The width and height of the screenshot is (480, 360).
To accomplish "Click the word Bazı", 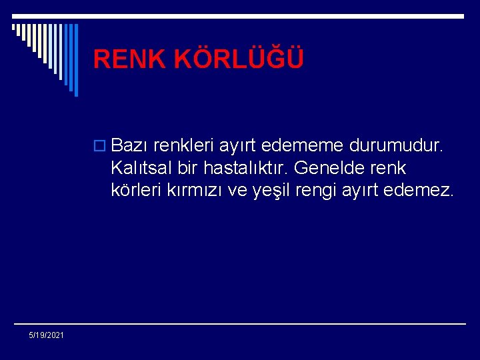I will click(x=130, y=145).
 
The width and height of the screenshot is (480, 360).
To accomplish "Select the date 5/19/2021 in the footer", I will click(x=47, y=335).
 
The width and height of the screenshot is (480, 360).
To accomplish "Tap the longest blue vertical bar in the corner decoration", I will click(x=75, y=60).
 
